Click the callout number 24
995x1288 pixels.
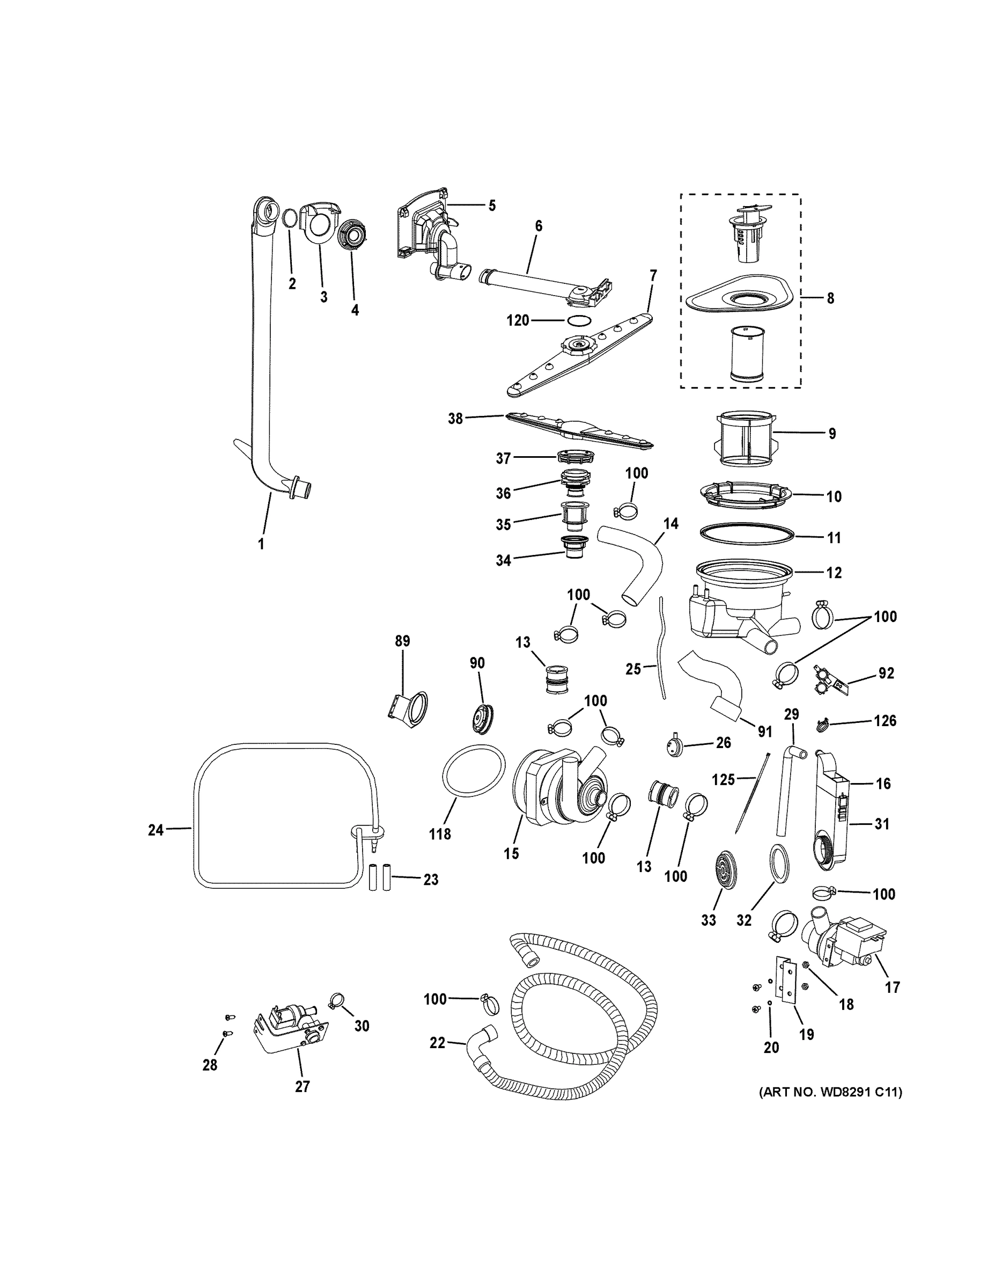155,830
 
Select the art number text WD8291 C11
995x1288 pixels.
830,1092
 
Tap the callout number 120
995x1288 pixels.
518,321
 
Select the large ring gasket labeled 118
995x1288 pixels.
473,771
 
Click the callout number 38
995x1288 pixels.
455,419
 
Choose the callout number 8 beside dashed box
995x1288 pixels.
830,298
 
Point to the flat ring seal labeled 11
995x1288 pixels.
746,532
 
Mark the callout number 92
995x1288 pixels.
886,673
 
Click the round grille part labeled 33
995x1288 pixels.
725,869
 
